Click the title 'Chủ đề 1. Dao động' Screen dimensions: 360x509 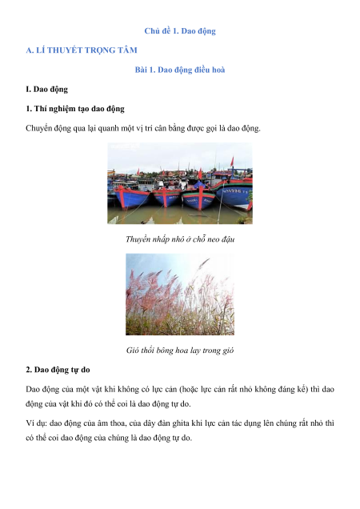[x=180, y=31]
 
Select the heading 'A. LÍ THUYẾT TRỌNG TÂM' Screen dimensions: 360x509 [x=82, y=50]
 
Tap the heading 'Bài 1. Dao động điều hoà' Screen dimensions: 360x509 [x=180, y=70]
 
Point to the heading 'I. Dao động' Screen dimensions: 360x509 [x=46, y=90]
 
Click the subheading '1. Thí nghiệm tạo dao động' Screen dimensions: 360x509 [x=75, y=109]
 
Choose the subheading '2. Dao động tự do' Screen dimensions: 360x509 [x=58, y=370]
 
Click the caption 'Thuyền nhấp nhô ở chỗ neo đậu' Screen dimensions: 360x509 [x=180, y=239]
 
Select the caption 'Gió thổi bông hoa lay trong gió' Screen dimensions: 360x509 [x=180, y=351]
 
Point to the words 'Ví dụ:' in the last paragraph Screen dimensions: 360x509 [x=36, y=423]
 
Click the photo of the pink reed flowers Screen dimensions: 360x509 [x=180, y=294]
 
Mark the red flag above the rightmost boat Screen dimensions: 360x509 [x=232, y=162]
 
